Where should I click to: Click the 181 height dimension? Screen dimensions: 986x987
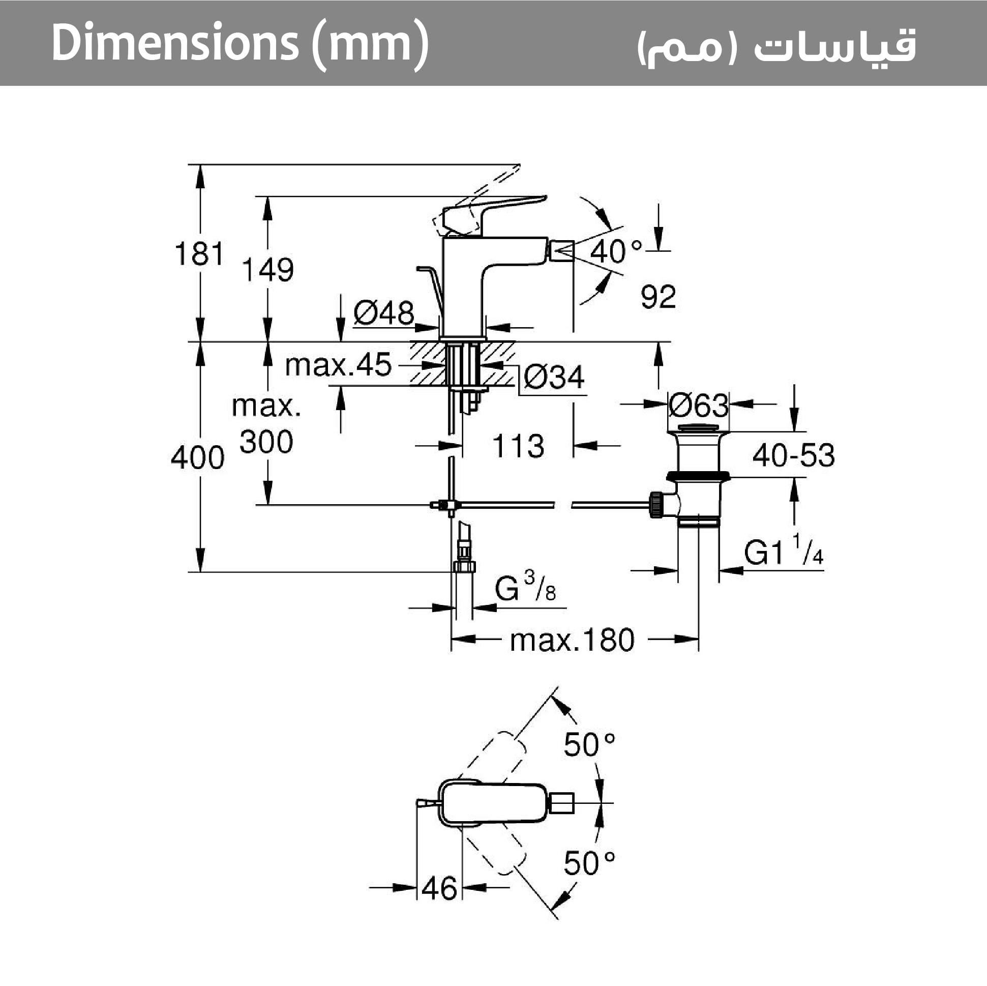(199, 253)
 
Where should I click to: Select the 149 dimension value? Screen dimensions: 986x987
(267, 270)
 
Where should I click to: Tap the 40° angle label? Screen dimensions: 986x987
(616, 251)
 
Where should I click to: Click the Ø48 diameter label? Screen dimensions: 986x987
(383, 313)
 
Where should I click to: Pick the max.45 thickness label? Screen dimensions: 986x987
(338, 365)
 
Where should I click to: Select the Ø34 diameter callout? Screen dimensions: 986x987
(554, 378)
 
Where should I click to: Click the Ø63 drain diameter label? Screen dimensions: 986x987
(698, 406)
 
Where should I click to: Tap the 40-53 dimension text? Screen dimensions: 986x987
(793, 455)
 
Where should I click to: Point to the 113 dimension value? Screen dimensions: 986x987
(518, 446)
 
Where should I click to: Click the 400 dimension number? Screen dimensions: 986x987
(197, 457)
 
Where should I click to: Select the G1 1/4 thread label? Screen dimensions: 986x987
(783, 551)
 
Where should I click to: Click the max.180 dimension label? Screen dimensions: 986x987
(572, 640)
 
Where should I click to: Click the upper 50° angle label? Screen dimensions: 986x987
(589, 744)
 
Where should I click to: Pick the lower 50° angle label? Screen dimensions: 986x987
(589, 863)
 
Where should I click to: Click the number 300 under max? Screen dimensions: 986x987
(266, 442)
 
